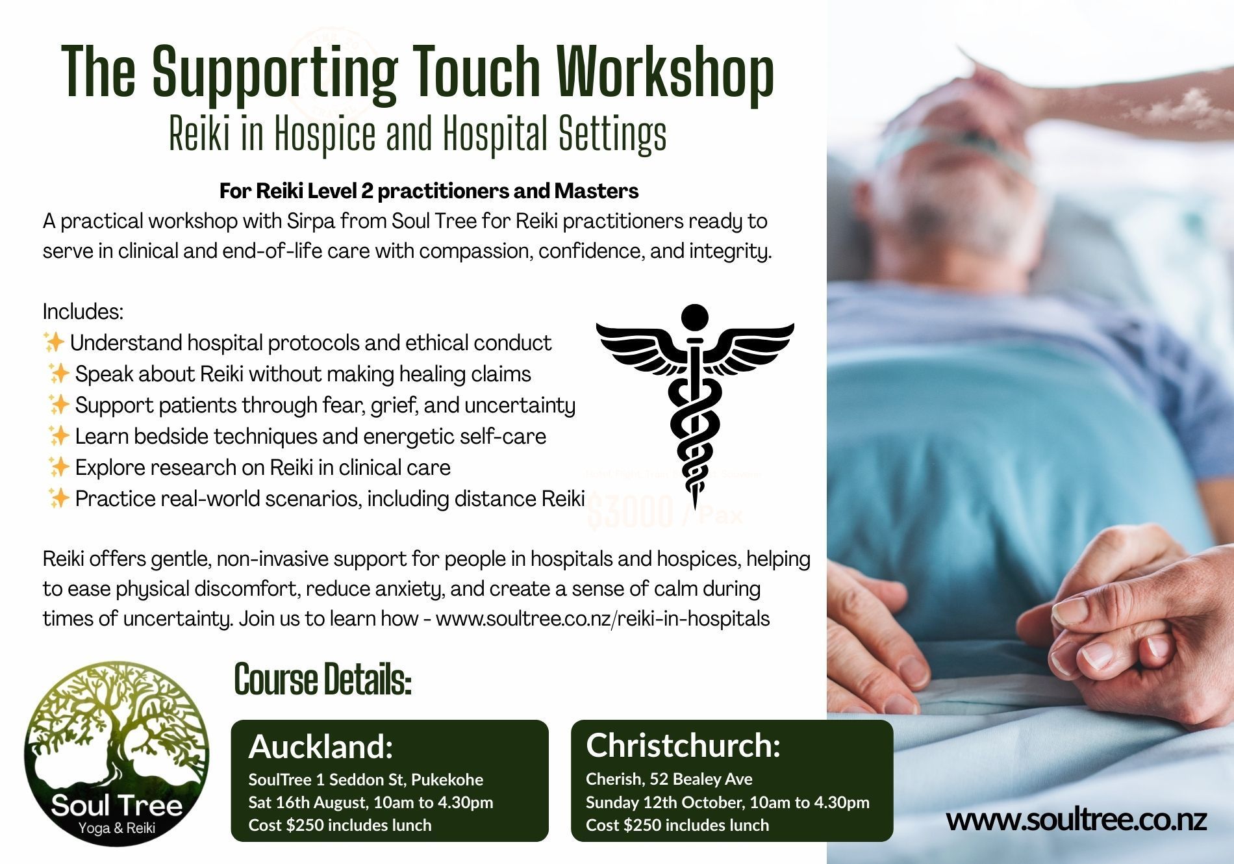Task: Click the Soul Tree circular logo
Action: click(117, 754)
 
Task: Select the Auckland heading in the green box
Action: click(321, 746)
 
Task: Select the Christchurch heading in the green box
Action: click(683, 745)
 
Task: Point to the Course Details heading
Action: click(323, 680)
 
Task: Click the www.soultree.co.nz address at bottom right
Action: click(1076, 820)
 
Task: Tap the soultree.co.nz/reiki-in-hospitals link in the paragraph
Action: click(603, 618)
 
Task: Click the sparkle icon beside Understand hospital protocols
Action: click(53, 341)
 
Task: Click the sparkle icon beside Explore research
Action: click(58, 466)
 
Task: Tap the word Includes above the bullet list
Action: click(82, 312)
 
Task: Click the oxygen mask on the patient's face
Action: click(935, 153)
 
